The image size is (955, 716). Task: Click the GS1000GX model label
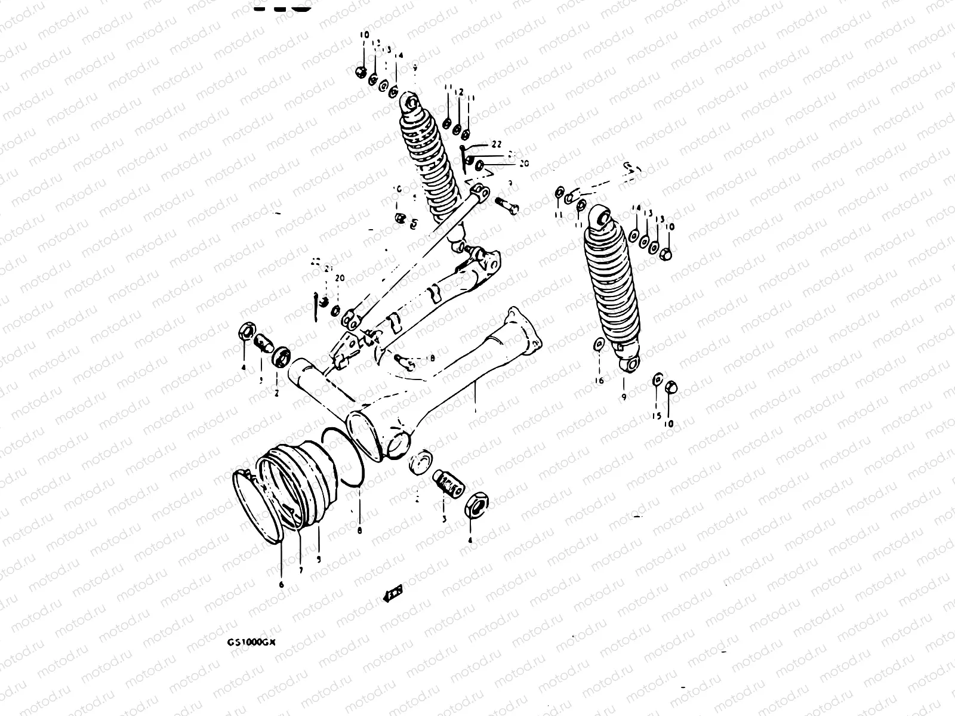[x=251, y=642]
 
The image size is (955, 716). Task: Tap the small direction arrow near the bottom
[x=392, y=593]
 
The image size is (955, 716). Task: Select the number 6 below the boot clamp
[x=281, y=585]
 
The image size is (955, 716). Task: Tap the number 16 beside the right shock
[x=600, y=380]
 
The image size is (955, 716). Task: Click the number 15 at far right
[x=657, y=416]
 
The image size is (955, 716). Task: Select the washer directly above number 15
[x=657, y=380]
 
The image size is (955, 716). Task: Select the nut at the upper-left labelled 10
[x=361, y=72]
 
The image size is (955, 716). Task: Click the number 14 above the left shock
[x=399, y=55]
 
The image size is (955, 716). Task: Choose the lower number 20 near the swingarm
[x=340, y=279]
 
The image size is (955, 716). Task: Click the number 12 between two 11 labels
[x=460, y=93]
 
